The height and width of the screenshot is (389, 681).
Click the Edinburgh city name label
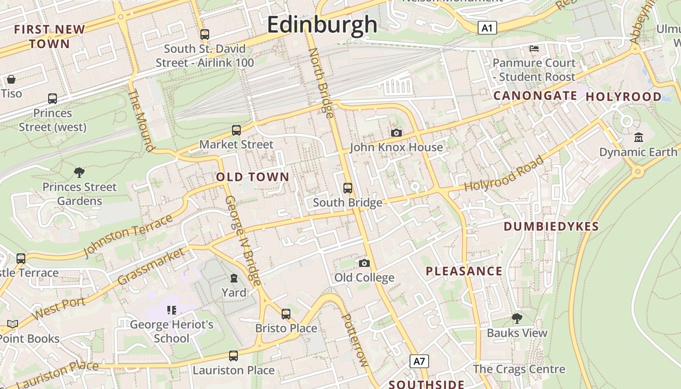[322, 24]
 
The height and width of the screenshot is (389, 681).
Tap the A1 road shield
[487, 28]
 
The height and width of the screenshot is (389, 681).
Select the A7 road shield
[419, 361]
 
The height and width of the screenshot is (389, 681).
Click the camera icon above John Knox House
[396, 133]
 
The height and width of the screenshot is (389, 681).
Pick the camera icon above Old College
[364, 263]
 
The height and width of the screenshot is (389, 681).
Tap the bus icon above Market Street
[236, 130]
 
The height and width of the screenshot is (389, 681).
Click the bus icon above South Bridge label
[348, 188]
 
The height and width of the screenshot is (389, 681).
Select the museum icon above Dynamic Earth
[639, 138]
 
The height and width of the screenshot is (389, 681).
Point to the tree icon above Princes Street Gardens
[79, 172]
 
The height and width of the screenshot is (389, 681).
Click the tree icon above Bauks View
[517, 318]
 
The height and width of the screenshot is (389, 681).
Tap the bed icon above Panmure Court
[534, 48]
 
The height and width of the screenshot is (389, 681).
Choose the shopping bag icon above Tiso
[11, 79]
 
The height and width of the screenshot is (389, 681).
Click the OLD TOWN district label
[252, 177]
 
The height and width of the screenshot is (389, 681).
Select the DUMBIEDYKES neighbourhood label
[551, 227]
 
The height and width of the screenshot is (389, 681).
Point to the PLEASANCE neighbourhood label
[464, 271]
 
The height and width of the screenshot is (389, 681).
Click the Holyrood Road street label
[504, 174]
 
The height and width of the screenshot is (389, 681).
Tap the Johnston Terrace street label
[127, 235]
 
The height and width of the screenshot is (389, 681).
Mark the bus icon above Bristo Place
[286, 314]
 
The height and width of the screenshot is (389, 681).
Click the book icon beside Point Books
[12, 324]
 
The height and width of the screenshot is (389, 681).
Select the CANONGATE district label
[535, 96]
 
